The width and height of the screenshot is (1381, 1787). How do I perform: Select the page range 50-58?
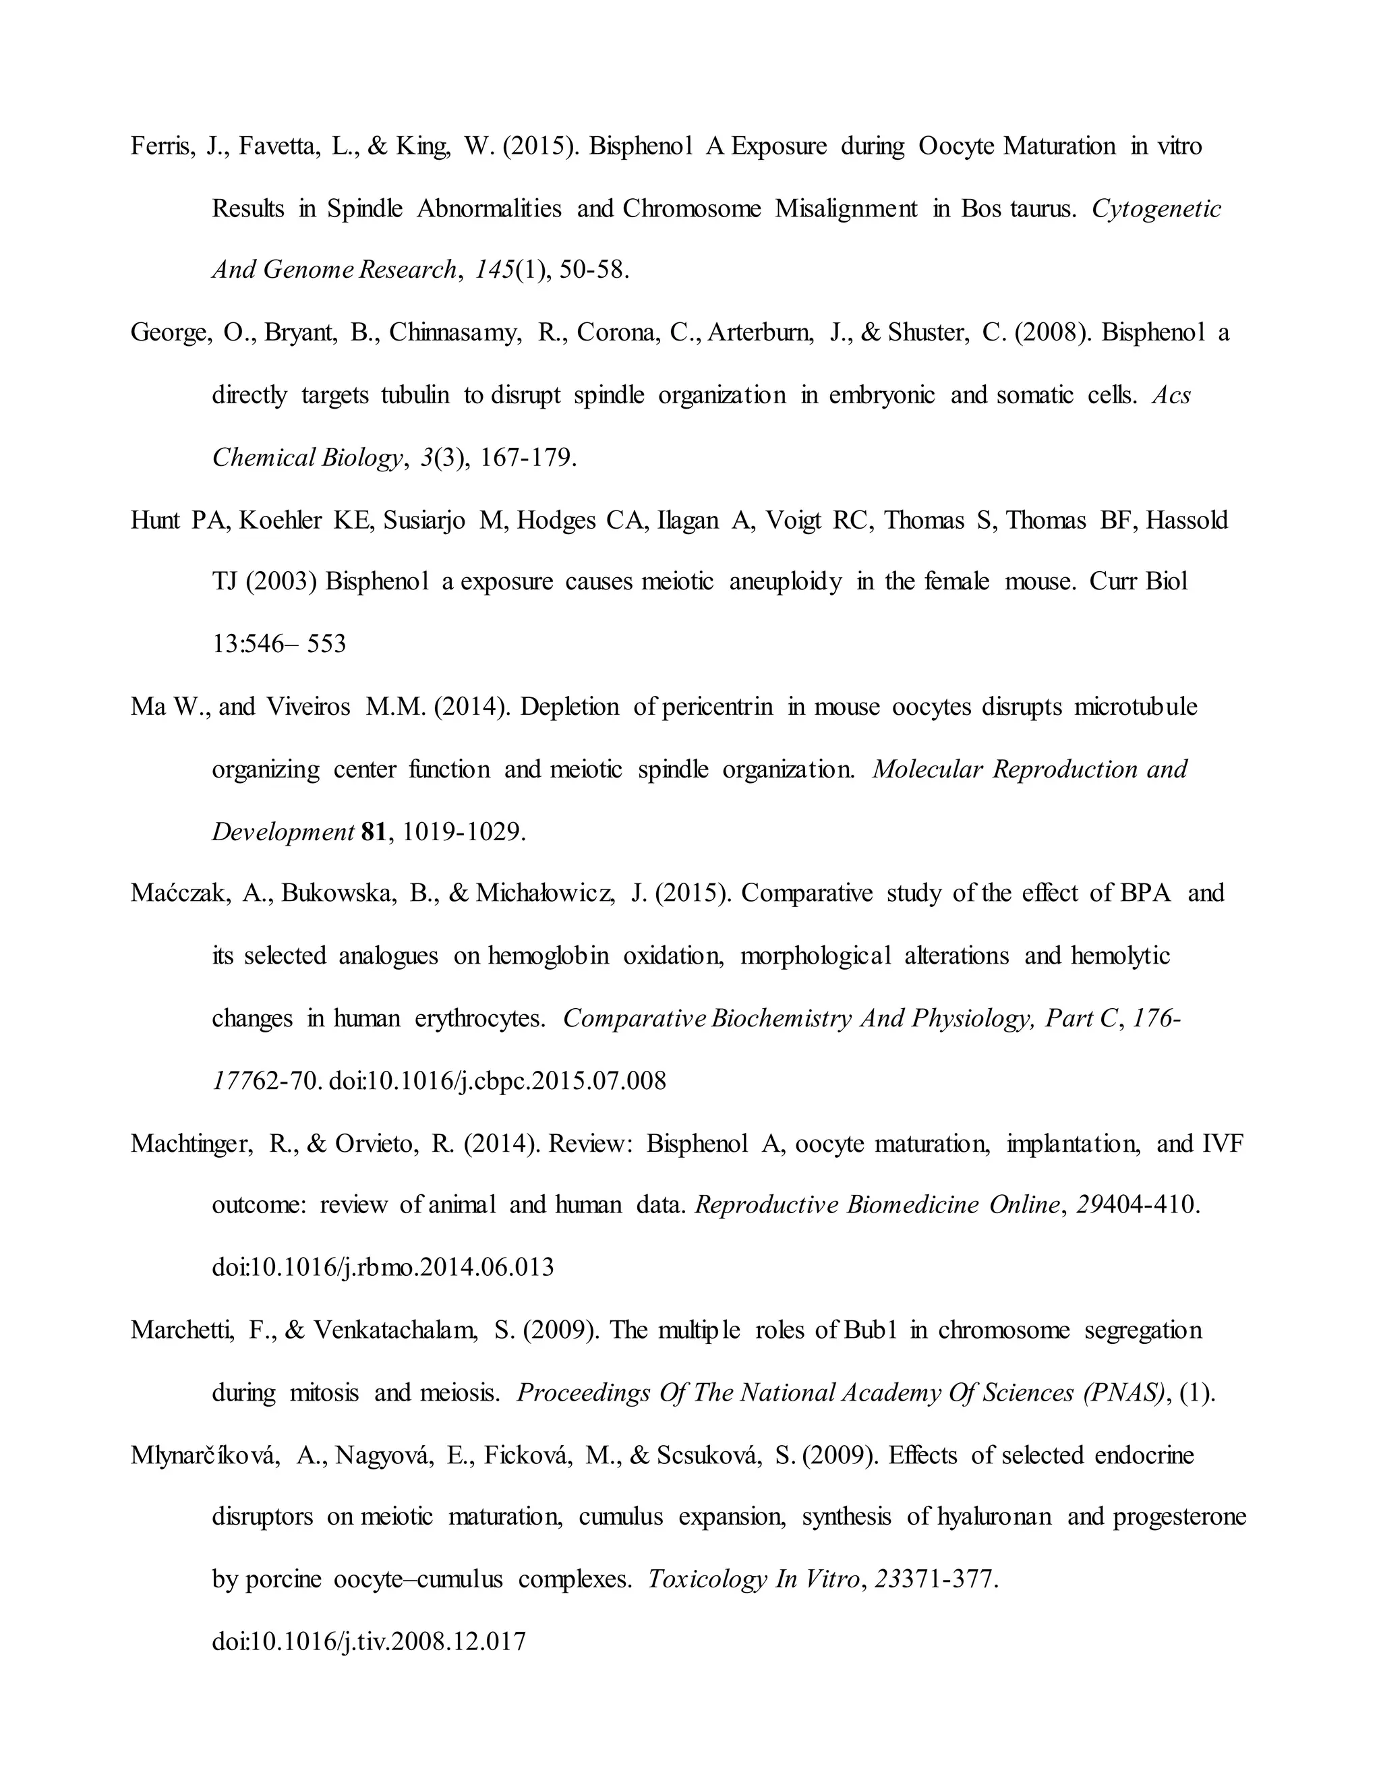[x=594, y=270]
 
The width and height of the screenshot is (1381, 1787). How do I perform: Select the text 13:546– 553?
[x=279, y=644]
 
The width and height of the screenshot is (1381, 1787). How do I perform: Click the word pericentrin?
[x=717, y=707]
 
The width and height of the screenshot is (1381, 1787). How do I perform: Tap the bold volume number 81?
[x=372, y=832]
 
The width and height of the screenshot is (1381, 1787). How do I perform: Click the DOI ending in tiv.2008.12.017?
[x=369, y=1641]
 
